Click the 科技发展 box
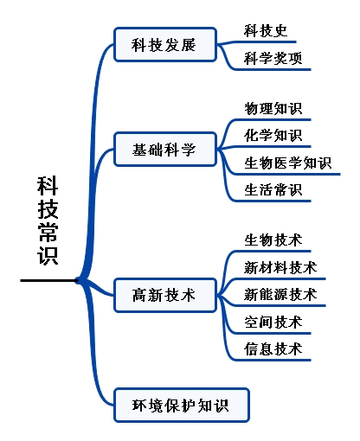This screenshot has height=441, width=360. (x=165, y=45)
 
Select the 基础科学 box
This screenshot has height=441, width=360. (x=165, y=150)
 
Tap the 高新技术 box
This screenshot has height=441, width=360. (x=165, y=295)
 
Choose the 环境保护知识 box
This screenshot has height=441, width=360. (x=182, y=406)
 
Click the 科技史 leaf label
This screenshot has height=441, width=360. (x=266, y=31)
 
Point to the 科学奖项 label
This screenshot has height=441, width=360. (x=273, y=58)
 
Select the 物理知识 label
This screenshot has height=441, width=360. (x=273, y=109)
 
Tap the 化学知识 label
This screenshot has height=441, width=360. (x=273, y=136)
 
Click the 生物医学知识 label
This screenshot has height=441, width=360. (x=287, y=163)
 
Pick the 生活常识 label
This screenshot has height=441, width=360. (x=273, y=190)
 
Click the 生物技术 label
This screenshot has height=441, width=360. (x=273, y=240)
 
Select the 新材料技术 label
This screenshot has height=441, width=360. (x=280, y=268)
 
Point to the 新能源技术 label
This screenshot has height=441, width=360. (x=280, y=295)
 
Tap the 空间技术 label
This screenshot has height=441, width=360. (x=273, y=322)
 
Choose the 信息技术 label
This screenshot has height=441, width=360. (x=273, y=349)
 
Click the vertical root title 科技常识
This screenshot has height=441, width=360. (x=48, y=220)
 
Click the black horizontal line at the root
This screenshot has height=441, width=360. (x=48, y=280)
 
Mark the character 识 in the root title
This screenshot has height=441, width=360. (x=48, y=255)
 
